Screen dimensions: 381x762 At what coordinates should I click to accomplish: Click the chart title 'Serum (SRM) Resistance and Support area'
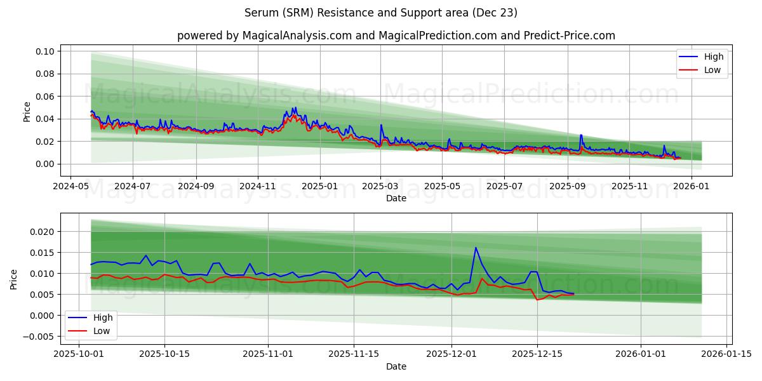pos(381,13)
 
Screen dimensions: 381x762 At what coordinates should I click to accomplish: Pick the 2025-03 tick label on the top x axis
pos(380,187)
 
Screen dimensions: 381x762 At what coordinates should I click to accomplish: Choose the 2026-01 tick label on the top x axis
pos(690,187)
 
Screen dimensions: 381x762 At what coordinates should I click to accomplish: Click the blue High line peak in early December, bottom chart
pos(476,248)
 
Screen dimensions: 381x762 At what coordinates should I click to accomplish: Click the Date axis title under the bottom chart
pos(396,366)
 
